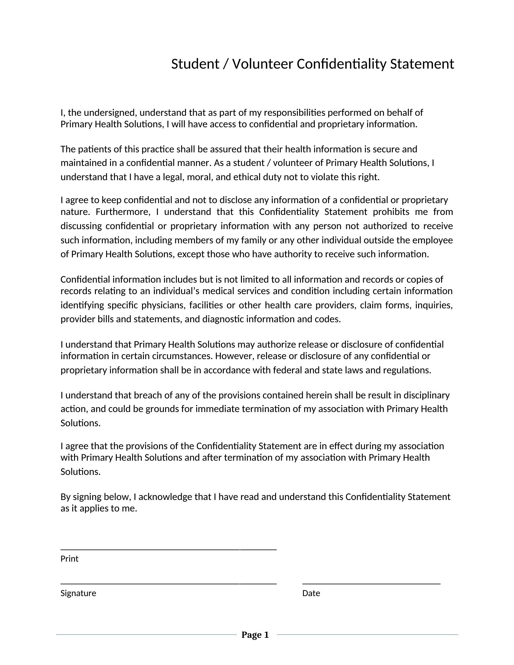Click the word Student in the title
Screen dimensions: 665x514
point(195,64)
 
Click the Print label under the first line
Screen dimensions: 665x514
point(70,559)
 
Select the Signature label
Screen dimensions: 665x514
point(78,593)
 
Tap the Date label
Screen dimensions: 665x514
point(311,593)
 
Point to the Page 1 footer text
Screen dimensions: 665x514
point(255,635)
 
